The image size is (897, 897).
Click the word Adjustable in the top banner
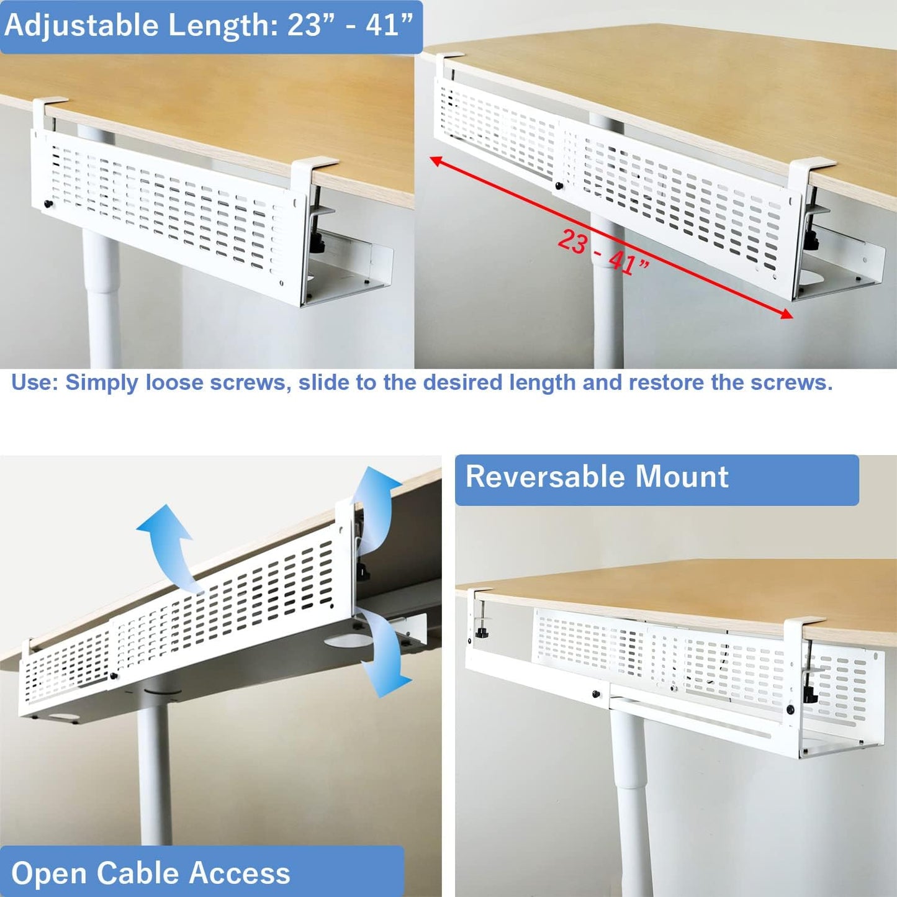click(x=81, y=25)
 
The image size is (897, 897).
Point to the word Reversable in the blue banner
click(x=546, y=477)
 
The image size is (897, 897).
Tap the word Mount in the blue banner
click(x=681, y=477)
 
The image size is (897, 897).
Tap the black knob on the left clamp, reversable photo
click(x=480, y=632)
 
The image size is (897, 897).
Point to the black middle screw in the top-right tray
click(x=559, y=185)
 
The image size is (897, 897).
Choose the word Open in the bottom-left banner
click(x=48, y=873)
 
